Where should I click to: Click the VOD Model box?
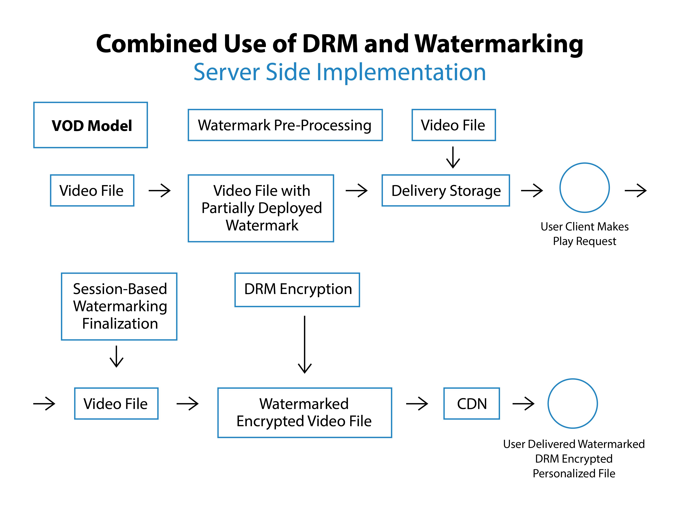[x=90, y=125]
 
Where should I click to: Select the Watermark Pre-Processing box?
[x=285, y=125]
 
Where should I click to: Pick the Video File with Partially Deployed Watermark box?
[x=261, y=208]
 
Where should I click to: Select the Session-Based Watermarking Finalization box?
[x=119, y=306]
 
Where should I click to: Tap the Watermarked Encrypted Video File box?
[x=305, y=412]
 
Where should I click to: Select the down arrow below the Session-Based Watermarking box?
[x=116, y=356]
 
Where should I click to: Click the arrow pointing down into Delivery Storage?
[x=453, y=157]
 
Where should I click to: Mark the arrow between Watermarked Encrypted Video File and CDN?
[x=417, y=404]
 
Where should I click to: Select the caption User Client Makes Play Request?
[x=584, y=234]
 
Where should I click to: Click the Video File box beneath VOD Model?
[x=92, y=190]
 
